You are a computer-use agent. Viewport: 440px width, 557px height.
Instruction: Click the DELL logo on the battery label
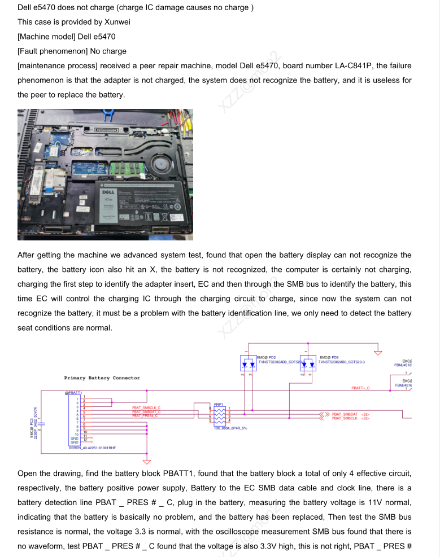pos(108,192)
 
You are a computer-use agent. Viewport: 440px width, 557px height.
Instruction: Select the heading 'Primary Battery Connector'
pos(102,378)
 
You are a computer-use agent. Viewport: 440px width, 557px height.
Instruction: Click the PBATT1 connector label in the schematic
pos(73,392)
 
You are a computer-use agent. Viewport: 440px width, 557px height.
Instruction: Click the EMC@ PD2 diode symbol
pos(249,363)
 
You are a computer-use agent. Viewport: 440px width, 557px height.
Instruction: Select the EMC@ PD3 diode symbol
pos(308,363)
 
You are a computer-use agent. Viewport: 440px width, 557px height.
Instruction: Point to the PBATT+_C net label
pos(360,388)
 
